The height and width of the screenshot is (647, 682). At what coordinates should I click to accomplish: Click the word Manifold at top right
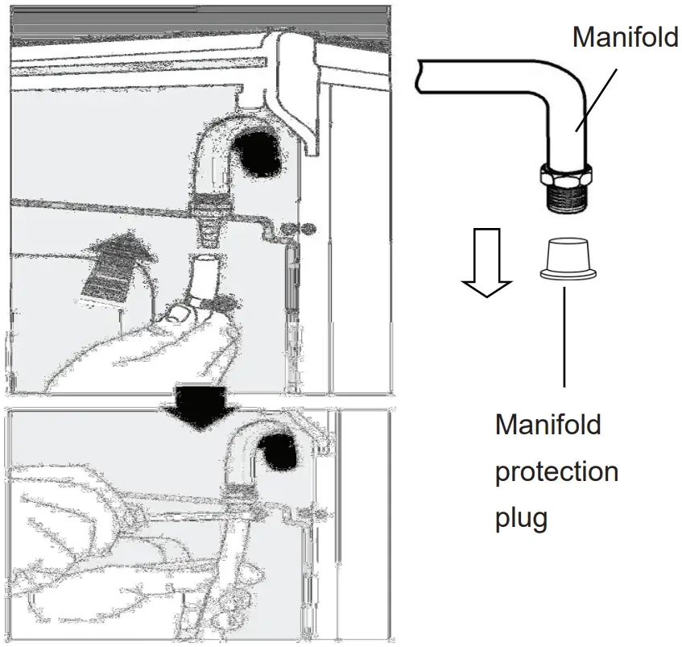(625, 37)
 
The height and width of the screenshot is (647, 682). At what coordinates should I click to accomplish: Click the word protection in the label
(556, 471)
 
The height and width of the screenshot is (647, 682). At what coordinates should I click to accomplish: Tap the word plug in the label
(521, 516)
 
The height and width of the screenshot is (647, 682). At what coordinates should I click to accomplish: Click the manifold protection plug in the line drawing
(567, 260)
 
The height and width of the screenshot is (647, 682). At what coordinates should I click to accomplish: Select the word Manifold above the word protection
(548, 424)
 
